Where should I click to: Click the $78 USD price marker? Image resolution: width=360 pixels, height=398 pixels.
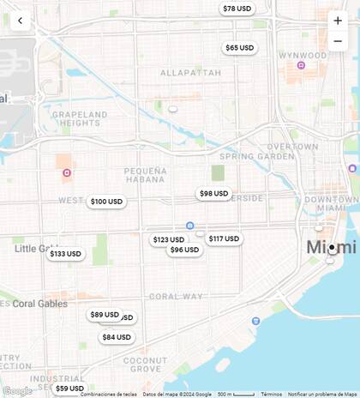[x=237, y=9]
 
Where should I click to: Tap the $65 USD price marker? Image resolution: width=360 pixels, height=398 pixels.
[x=240, y=48]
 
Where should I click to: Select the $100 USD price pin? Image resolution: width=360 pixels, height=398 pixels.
[x=107, y=202]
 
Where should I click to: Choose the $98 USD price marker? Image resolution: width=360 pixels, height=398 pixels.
[x=214, y=194]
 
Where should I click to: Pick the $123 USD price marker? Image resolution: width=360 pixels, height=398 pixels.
[x=168, y=240]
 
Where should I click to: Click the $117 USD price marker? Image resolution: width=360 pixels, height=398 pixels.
[x=225, y=238]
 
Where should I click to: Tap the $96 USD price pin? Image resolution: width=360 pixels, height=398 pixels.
[x=184, y=250]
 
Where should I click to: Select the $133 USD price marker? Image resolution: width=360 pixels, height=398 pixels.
[x=65, y=254]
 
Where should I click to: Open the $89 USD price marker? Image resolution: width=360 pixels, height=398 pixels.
[x=105, y=315]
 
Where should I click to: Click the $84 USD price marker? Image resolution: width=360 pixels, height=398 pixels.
[x=117, y=337]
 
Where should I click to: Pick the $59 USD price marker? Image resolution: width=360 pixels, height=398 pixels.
[x=69, y=389]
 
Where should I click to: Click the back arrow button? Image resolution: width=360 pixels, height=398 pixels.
[x=20, y=21]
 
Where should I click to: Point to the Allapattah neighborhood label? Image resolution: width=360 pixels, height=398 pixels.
[x=190, y=73]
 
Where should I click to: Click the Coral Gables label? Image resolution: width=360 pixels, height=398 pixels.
[x=39, y=304]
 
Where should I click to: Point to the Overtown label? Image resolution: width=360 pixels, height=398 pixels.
[x=292, y=147]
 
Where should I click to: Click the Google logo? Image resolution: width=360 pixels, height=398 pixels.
[x=17, y=391]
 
